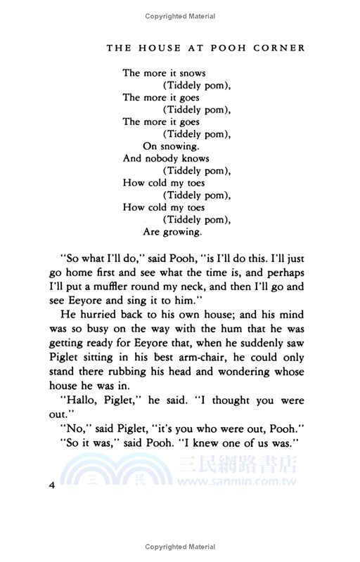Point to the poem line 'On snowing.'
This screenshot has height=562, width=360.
click(x=172, y=146)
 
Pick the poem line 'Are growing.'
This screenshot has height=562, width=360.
click(x=173, y=232)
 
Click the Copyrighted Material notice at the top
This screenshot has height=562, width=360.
click(x=180, y=15)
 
